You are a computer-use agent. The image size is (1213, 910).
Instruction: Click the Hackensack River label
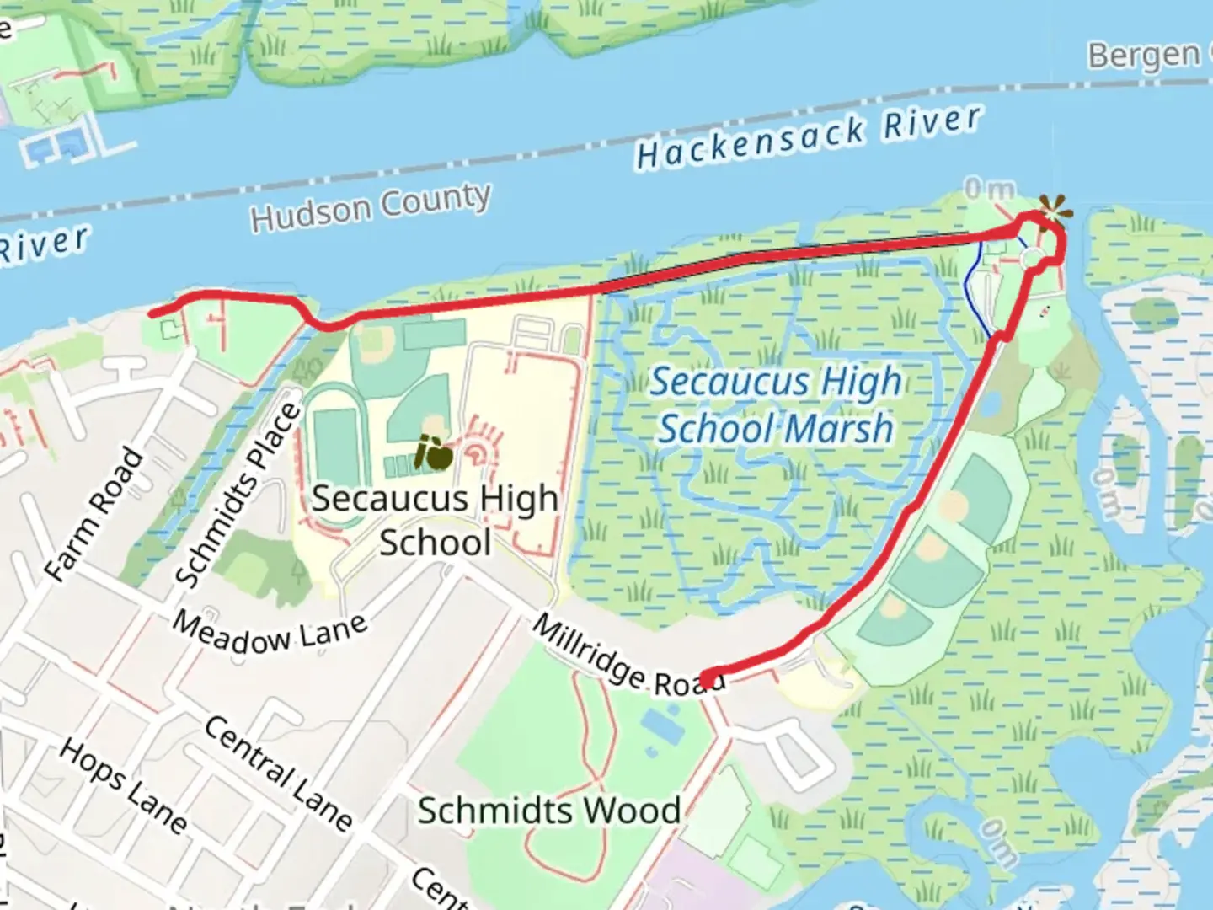pos(809,137)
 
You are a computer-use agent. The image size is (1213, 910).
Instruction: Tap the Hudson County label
pos(371,206)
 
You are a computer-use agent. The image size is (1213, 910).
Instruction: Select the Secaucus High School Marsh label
pos(775,405)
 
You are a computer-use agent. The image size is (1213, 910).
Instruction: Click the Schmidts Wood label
pos(549,811)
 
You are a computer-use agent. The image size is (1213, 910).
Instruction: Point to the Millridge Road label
pos(628,657)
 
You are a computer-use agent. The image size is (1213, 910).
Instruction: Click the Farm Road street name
pos(94,514)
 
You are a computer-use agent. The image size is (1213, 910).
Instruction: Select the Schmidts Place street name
pos(238,495)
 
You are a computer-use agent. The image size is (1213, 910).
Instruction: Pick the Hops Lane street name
pos(123,786)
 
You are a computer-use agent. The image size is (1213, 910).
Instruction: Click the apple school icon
pos(435,454)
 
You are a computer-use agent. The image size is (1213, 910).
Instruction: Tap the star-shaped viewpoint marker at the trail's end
pos(1054,208)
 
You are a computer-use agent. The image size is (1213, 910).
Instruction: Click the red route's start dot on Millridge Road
pos(712,678)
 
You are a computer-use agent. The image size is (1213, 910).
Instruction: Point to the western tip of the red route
pos(152,314)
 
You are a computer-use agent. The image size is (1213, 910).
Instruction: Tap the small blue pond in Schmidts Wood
pos(662,725)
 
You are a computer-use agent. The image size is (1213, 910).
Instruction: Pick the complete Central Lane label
pos(278,773)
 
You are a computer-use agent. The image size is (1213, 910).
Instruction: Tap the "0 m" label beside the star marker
pos(989,190)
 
